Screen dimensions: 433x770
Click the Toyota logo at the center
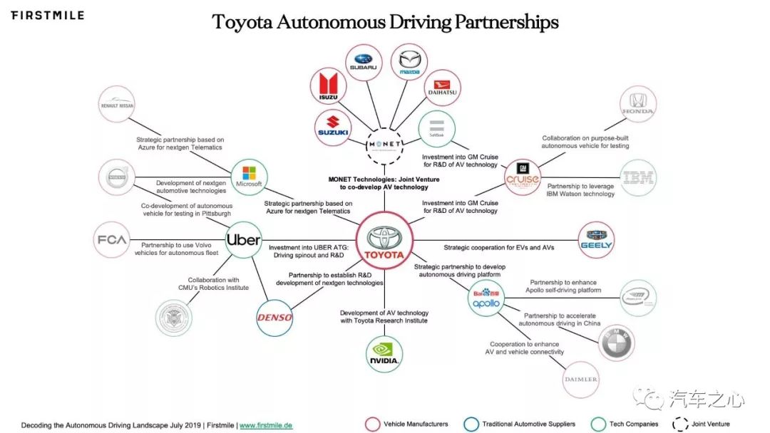point(385,242)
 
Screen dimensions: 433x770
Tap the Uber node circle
point(243,240)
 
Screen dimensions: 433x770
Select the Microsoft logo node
point(249,177)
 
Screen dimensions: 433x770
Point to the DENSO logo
point(274,317)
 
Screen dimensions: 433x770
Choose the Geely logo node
point(596,240)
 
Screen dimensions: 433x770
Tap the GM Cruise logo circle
point(523,174)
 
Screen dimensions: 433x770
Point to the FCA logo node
point(113,240)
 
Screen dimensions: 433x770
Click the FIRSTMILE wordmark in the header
point(47,15)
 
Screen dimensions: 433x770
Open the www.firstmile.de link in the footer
point(266,425)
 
